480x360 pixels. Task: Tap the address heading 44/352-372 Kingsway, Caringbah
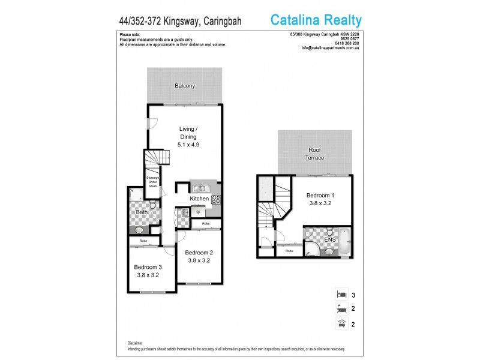[x=180, y=21]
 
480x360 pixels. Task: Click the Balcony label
[x=185, y=86]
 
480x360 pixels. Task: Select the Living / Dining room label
[x=188, y=137]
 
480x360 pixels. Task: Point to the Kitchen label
[x=199, y=199]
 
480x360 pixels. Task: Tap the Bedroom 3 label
[x=148, y=271]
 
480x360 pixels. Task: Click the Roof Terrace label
[x=316, y=154]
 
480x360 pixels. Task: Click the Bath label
[x=142, y=212]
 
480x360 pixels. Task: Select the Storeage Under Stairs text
[x=152, y=181]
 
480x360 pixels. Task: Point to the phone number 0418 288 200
[x=347, y=44]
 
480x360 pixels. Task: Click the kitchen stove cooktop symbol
[x=215, y=200]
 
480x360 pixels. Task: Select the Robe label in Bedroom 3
[x=143, y=241]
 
